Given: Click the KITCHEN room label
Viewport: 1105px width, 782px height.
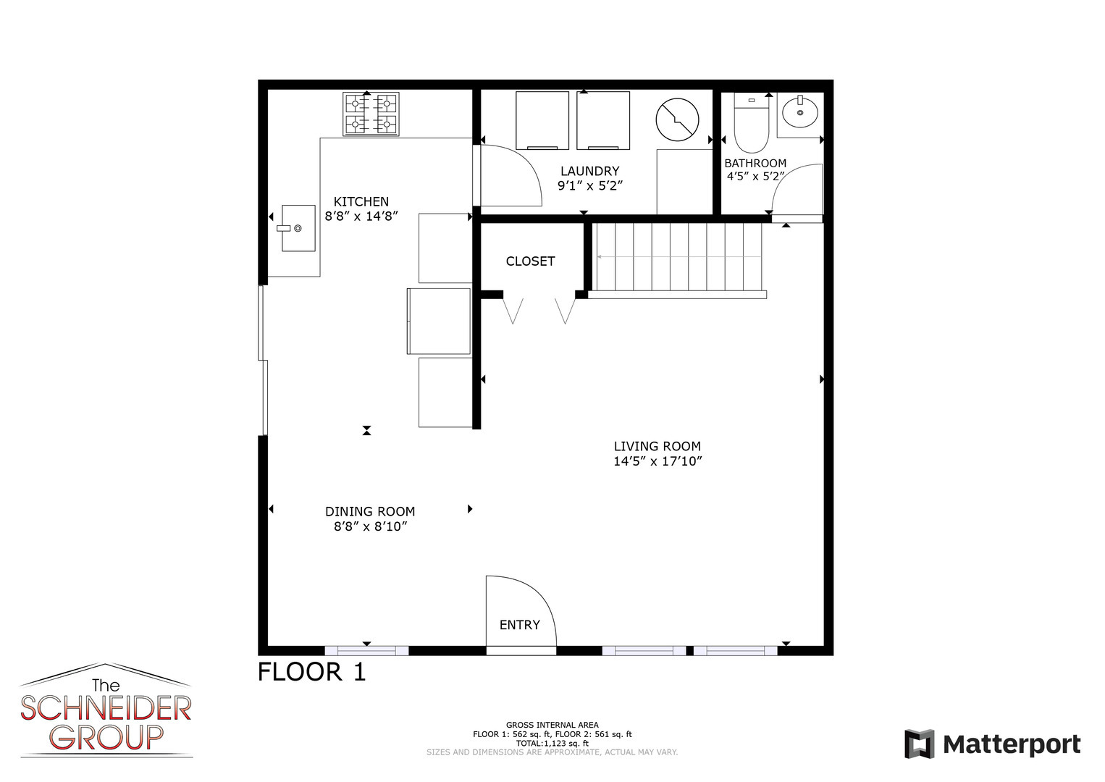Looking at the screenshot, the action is [x=361, y=201].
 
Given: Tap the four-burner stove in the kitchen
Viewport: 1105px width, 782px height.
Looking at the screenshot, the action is [x=371, y=114].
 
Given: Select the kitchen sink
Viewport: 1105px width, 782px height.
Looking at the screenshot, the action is [x=298, y=228].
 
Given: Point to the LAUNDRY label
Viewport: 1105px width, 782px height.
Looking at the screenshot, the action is [x=589, y=171].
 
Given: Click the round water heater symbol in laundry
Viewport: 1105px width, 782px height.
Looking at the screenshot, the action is [x=677, y=120].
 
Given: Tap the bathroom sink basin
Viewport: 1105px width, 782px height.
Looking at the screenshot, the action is [x=799, y=113].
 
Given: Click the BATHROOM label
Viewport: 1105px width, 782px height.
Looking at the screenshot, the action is [x=755, y=163].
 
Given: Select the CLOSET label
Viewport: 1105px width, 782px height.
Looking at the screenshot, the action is [x=530, y=261].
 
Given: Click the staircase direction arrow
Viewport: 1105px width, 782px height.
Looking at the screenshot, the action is [x=678, y=256].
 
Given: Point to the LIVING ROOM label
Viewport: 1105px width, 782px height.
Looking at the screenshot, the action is [x=657, y=446].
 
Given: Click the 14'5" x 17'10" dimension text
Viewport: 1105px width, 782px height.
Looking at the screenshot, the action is [x=657, y=461].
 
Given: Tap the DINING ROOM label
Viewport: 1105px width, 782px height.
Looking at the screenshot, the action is [x=370, y=511].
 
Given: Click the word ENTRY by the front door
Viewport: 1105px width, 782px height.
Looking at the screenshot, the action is [x=519, y=625].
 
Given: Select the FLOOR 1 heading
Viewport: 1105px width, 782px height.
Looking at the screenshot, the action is [x=312, y=671].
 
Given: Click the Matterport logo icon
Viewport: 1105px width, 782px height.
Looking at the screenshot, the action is [x=920, y=744].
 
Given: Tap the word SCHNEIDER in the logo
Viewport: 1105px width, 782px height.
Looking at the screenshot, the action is [x=106, y=709].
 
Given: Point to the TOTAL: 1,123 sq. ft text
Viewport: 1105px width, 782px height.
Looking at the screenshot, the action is [x=552, y=743].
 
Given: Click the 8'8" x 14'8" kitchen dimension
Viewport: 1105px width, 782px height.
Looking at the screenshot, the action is [x=361, y=216].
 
